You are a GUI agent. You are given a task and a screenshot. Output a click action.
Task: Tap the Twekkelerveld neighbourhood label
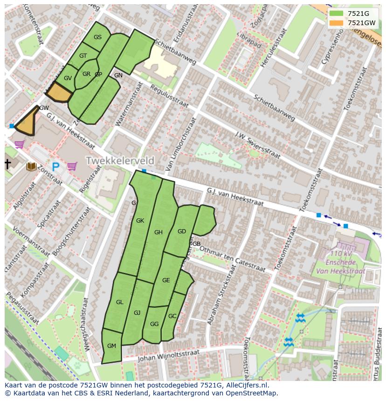coord(119,161)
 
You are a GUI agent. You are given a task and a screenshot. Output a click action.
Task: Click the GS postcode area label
coord(97,37)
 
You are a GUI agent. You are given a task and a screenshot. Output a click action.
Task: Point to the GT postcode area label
coord(83,56)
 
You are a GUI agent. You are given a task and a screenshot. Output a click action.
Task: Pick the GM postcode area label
coord(111,346)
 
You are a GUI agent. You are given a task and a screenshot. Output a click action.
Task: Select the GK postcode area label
coord(140,221)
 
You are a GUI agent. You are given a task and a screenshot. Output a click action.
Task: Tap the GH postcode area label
coord(159,232)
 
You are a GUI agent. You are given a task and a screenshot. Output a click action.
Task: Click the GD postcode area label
coord(182,231)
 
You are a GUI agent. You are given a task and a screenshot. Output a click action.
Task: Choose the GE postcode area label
coord(166,280)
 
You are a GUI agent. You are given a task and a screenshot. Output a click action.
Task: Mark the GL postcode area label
coord(120,302)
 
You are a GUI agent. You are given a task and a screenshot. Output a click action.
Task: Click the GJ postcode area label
coord(137,313)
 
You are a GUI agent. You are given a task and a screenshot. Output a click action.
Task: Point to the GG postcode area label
coord(154,324)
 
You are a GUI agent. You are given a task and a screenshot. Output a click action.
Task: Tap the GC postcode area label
coord(172,316)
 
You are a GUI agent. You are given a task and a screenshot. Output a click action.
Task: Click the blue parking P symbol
coord(56,166)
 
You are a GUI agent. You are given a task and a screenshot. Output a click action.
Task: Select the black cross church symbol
coord(7,164)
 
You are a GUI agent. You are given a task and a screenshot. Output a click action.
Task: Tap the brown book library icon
coord(32,166)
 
